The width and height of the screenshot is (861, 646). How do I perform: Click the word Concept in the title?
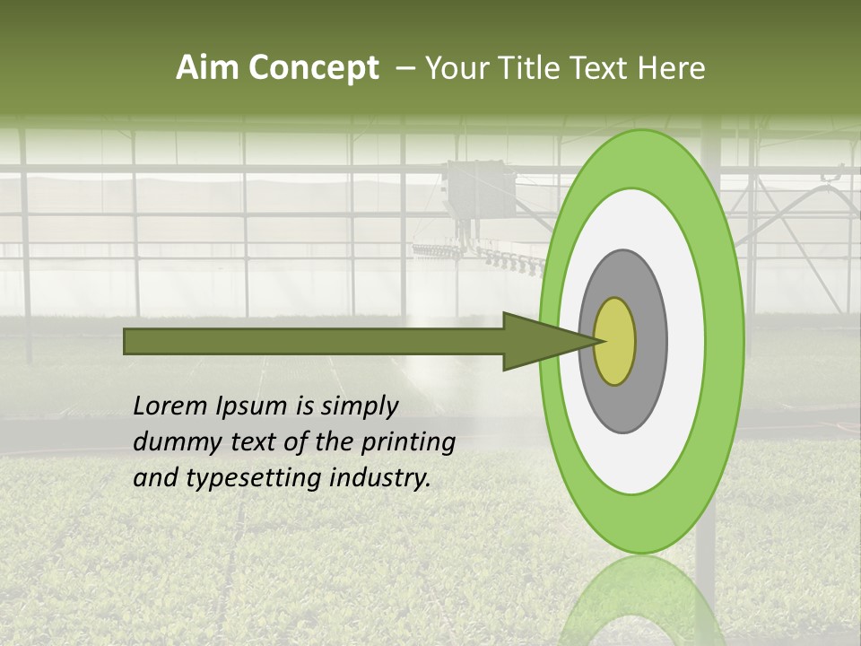click(x=313, y=68)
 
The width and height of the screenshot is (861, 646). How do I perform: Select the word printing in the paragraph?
click(x=407, y=442)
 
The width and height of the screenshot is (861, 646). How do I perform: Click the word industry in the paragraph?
click(x=382, y=478)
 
